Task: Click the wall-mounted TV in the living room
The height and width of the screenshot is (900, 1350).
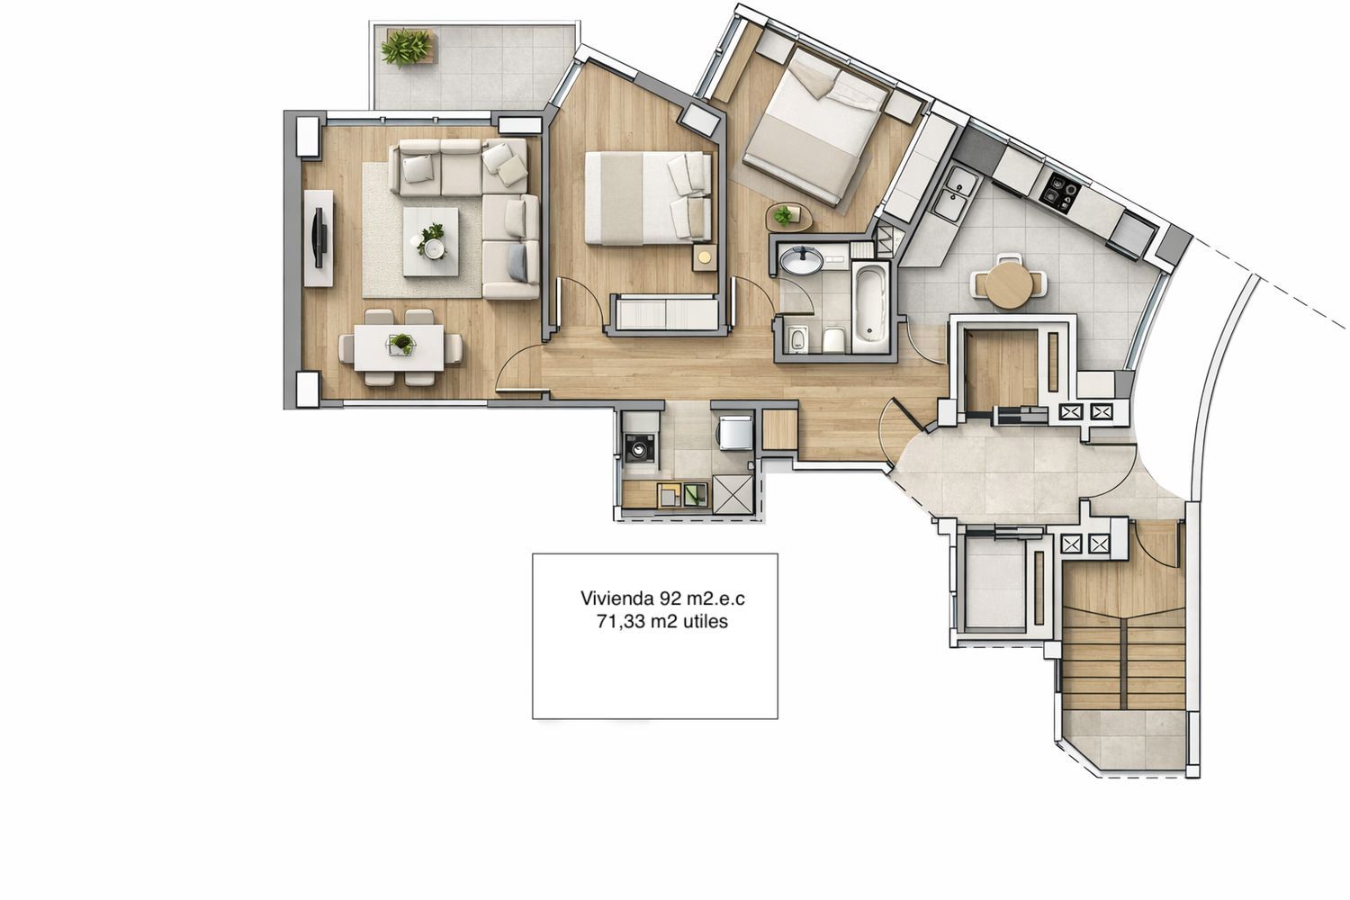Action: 319,238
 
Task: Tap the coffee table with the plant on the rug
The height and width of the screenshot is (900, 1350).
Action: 430,242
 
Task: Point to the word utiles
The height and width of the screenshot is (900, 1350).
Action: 706,622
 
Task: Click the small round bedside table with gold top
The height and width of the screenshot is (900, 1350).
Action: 705,258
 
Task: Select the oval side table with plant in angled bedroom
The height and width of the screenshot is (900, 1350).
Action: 787,217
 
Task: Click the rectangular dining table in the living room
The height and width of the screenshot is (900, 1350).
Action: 399,347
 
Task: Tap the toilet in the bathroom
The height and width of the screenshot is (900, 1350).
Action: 833,340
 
